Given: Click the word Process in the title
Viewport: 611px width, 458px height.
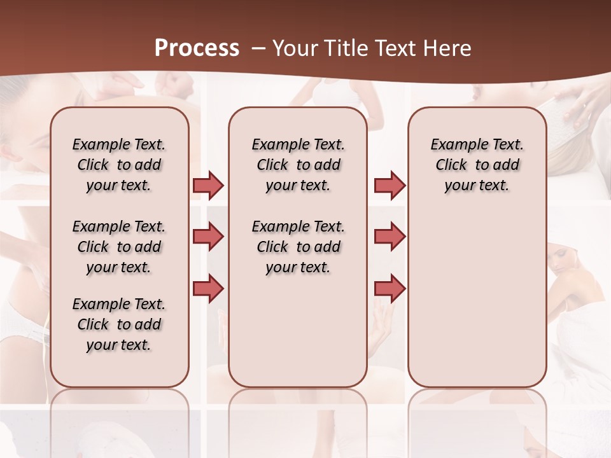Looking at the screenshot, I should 197,48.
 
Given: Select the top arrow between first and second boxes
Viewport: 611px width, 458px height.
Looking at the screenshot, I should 208,185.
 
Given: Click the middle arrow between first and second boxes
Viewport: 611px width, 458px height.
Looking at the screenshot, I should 208,237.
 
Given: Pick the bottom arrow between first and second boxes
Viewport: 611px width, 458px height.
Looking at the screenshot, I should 208,288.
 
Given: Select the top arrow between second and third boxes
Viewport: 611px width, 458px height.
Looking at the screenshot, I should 390,185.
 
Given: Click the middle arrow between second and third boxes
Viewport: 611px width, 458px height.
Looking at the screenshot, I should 390,237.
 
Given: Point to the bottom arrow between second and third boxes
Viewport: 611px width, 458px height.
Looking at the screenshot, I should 390,288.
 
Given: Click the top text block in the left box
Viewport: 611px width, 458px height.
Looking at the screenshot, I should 119,165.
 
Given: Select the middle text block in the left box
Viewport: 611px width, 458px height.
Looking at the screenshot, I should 119,247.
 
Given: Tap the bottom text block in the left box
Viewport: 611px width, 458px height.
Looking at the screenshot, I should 119,324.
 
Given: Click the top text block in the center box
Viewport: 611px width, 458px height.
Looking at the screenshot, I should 298,165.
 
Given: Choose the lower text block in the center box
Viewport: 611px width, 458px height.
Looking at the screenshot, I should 298,247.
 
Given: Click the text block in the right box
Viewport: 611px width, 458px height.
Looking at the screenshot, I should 477,165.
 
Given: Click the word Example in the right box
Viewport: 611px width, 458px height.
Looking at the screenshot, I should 456,145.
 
